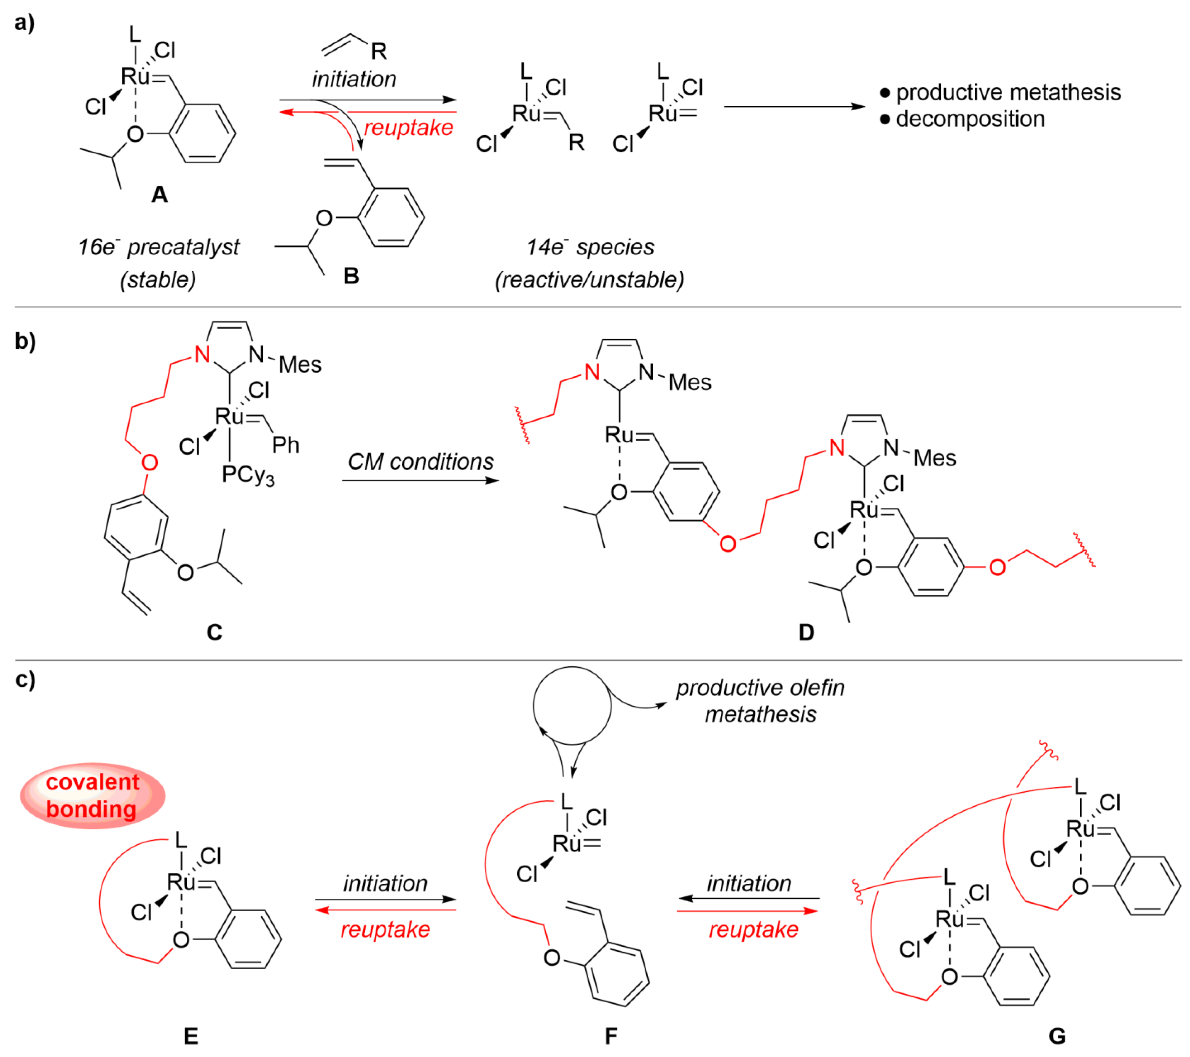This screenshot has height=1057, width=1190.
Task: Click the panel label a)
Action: coord(25,23)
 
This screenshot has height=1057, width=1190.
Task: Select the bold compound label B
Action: coord(351,276)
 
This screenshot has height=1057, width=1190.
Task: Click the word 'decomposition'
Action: coord(970,119)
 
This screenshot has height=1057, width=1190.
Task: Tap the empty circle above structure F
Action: coord(572,706)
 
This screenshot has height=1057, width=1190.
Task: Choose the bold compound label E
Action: coord(191,1036)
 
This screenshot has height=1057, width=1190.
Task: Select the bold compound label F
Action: coord(611,1036)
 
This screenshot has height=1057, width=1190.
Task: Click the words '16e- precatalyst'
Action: coord(158,247)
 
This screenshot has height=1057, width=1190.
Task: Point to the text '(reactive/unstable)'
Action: coord(589,280)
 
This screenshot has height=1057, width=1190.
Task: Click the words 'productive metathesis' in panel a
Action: coord(1008,92)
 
